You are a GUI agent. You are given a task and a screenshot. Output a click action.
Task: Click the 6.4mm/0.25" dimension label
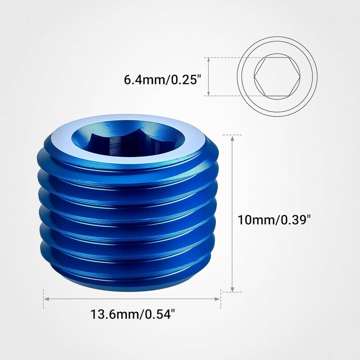coord(162,79)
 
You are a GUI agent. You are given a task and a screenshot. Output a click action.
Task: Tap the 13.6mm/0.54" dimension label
coord(132,315)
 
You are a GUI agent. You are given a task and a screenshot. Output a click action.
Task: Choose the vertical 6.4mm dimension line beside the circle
coord(207,76)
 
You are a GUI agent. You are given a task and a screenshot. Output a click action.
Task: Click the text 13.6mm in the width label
coord(113,315)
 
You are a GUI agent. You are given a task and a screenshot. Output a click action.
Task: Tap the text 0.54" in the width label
coord(159,315)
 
